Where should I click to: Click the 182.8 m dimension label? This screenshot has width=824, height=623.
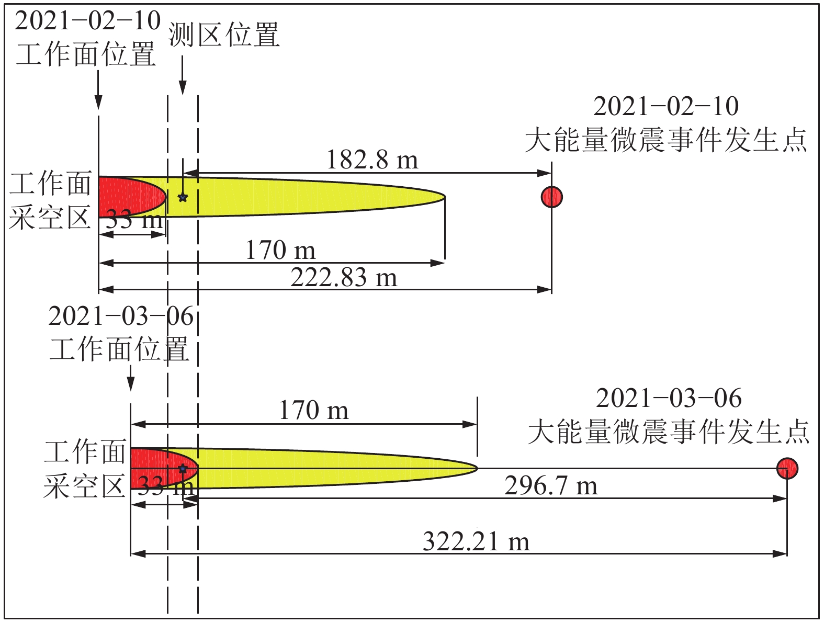372,160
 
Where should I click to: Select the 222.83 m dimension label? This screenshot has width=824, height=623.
344,278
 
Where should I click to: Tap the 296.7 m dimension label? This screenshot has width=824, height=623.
551,485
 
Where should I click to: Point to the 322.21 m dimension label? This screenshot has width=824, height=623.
476,541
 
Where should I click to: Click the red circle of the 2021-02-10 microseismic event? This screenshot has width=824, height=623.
551,197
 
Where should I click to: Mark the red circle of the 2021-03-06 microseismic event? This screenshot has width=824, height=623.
787,468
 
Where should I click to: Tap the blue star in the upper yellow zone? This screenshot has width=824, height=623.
183,197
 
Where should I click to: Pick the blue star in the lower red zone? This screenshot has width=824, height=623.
183,468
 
